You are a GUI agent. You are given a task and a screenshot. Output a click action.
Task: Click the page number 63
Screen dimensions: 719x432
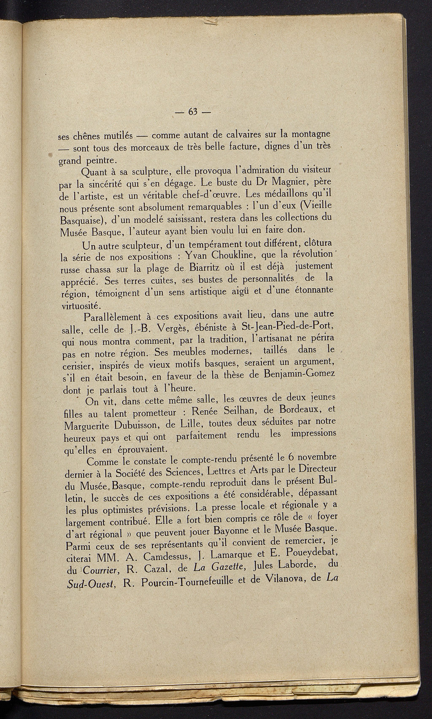pos(194,112)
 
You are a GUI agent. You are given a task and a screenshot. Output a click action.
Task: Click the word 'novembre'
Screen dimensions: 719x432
pos(311,458)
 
